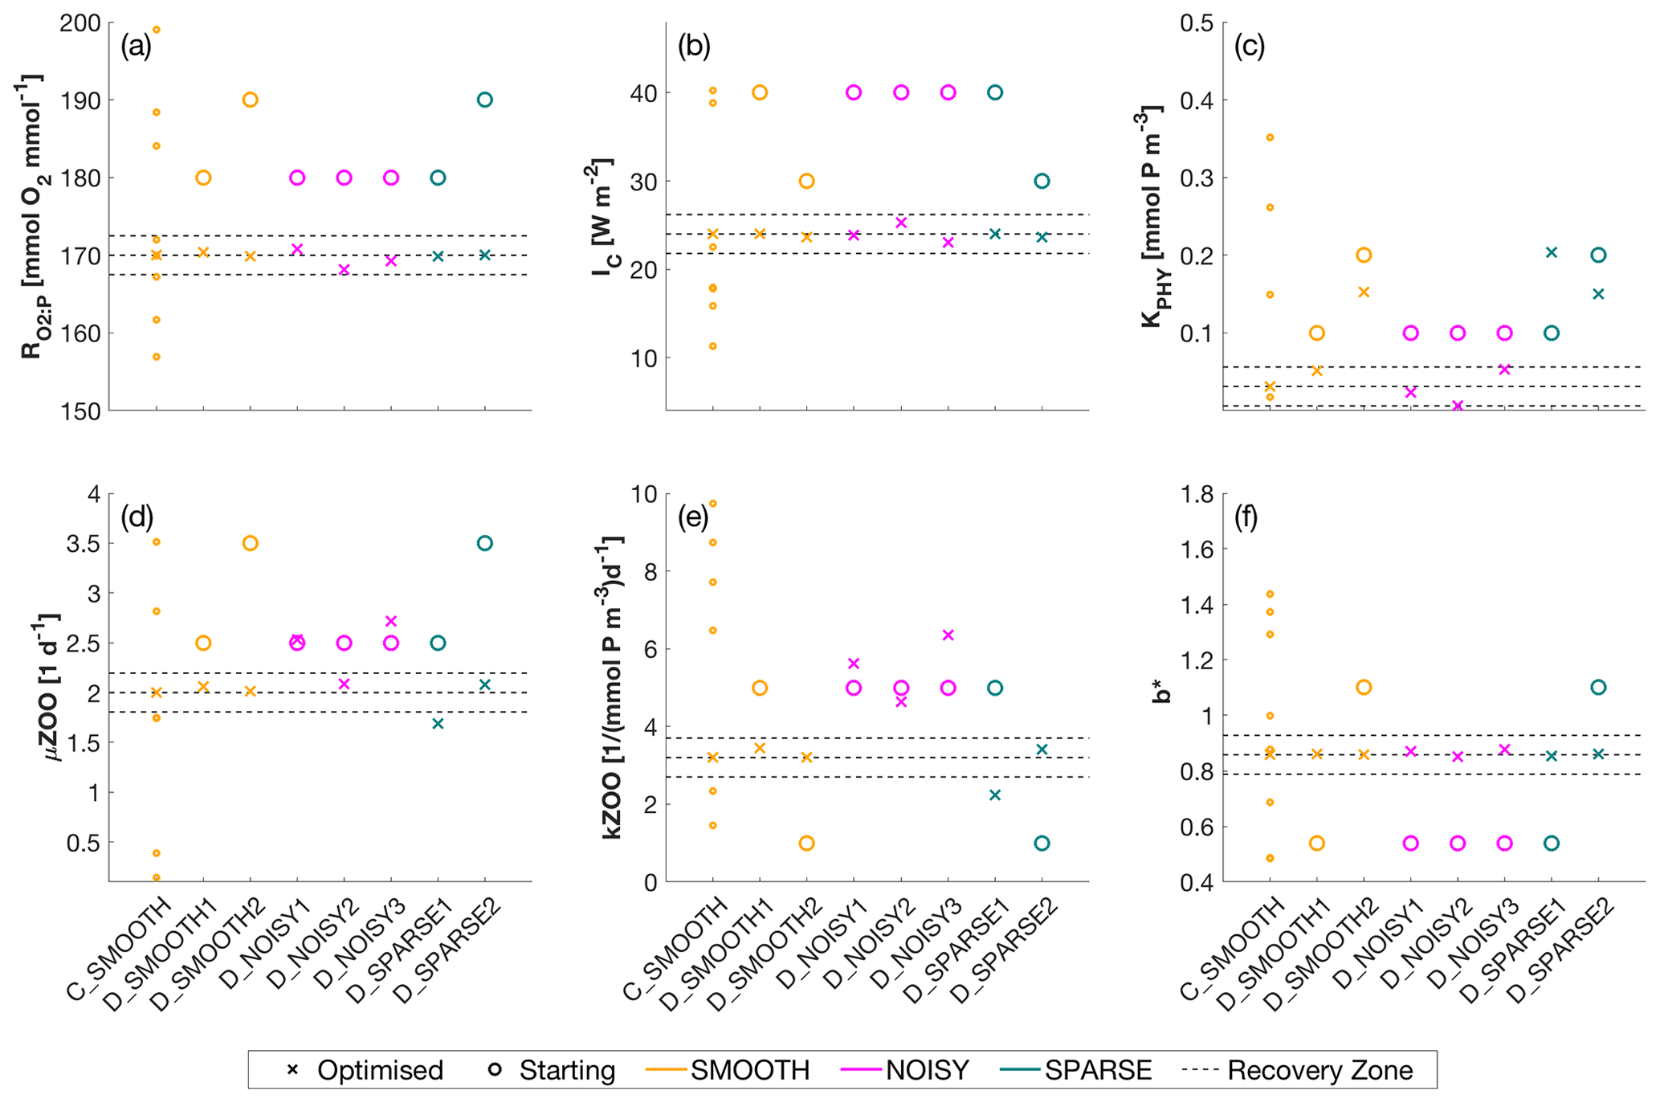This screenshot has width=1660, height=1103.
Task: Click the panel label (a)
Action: click(136, 47)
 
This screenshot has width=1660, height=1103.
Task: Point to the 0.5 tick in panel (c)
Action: click(1196, 23)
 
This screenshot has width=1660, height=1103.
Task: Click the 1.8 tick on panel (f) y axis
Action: click(1196, 494)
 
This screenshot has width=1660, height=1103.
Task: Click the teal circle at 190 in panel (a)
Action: click(485, 100)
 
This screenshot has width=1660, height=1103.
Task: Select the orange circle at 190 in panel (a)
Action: click(250, 100)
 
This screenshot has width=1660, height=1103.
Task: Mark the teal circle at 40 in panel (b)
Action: click(995, 92)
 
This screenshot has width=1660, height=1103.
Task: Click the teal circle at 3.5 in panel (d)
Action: click(485, 544)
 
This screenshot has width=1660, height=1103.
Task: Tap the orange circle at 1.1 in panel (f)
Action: click(1364, 688)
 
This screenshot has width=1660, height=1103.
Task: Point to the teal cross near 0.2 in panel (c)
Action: click(1552, 252)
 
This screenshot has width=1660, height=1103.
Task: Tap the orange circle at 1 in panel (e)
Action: click(807, 843)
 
